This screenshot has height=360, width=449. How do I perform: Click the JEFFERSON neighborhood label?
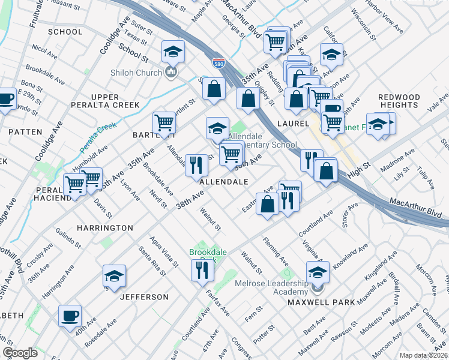click(x=144, y=297)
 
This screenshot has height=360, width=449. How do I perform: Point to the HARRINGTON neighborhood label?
click(x=105, y=228)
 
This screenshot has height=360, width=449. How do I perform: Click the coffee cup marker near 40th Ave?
click(x=70, y=315)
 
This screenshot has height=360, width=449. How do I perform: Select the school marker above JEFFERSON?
click(x=114, y=276)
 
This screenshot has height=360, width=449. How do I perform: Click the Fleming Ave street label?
click(x=276, y=252)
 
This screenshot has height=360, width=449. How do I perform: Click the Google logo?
click(x=20, y=353)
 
